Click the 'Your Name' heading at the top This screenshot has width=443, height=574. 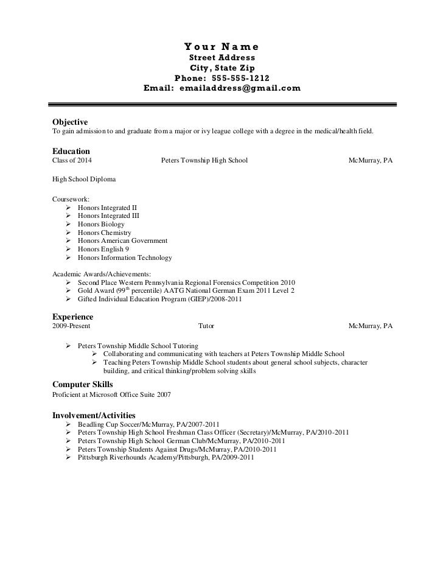point(221,46)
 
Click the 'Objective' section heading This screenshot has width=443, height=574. point(70,122)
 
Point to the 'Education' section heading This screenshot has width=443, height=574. point(71,151)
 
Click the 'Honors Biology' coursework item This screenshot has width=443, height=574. point(101,224)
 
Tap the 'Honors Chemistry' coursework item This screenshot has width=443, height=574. point(104,233)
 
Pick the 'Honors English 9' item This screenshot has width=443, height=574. point(103,249)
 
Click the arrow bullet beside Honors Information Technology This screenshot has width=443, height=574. point(68,257)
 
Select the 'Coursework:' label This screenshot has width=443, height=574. point(71,199)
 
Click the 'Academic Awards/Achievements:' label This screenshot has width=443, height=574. point(102,274)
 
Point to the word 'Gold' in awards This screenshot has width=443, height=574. point(86,292)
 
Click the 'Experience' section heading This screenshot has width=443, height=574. point(72,317)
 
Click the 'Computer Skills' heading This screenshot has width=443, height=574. point(82,385)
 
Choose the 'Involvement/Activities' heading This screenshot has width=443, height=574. point(94,415)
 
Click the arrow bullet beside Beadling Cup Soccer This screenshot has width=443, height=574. point(68,424)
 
